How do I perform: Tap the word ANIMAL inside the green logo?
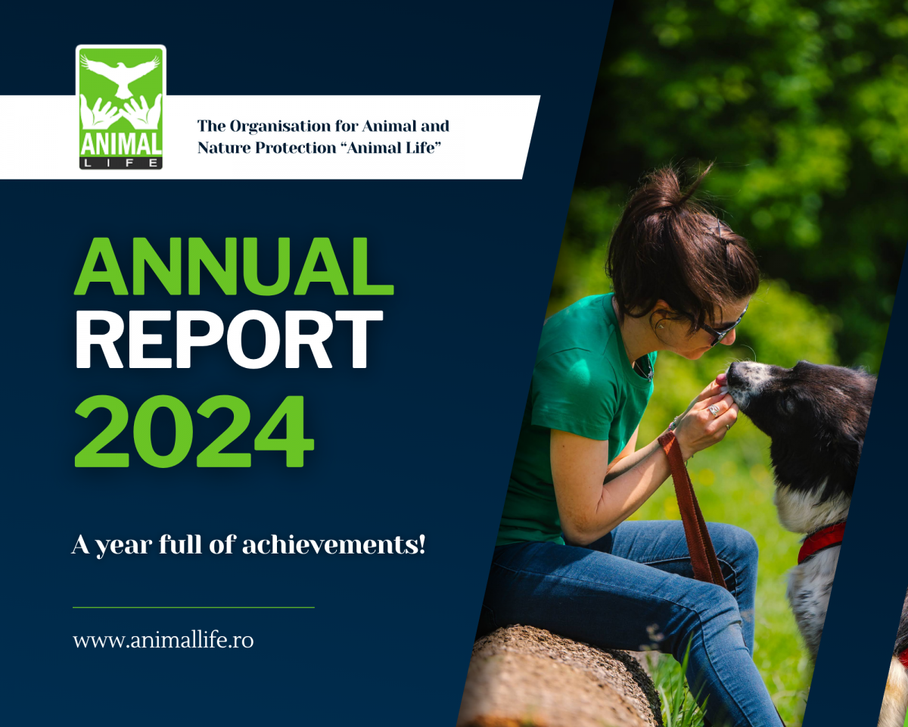pos(120,145)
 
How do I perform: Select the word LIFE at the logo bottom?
pos(120,163)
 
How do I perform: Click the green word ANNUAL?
pos(234,266)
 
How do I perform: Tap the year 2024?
pos(194,431)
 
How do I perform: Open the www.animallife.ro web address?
pos(163,640)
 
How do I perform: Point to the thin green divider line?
pos(194,607)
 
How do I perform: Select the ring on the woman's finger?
pos(713,410)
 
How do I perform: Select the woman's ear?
pos(662,322)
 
